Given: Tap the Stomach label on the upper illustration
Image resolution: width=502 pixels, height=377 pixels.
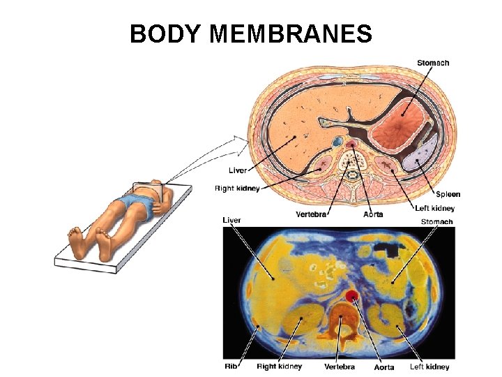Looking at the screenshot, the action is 433,63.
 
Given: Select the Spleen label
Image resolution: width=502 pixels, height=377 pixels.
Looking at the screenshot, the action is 448,194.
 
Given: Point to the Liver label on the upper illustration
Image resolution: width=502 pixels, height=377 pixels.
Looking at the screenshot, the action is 237,170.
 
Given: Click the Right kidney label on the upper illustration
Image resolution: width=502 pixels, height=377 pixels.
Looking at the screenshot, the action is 237,188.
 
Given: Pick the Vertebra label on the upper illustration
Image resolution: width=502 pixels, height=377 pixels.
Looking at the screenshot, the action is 311,214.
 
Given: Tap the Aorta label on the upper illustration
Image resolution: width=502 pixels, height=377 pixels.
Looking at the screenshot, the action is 373,214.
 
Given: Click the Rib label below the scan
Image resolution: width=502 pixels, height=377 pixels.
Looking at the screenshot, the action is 231,366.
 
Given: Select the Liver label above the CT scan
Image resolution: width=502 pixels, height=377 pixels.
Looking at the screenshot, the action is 232,221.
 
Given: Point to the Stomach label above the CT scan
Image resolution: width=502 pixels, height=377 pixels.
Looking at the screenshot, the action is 436,222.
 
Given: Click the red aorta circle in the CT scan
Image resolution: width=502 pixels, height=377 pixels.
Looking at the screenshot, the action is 353,296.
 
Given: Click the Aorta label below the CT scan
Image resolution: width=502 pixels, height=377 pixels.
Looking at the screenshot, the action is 383,367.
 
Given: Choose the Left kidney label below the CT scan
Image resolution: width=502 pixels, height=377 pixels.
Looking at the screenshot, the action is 429,367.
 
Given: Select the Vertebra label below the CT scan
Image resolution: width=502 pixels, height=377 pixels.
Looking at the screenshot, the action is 340,367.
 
